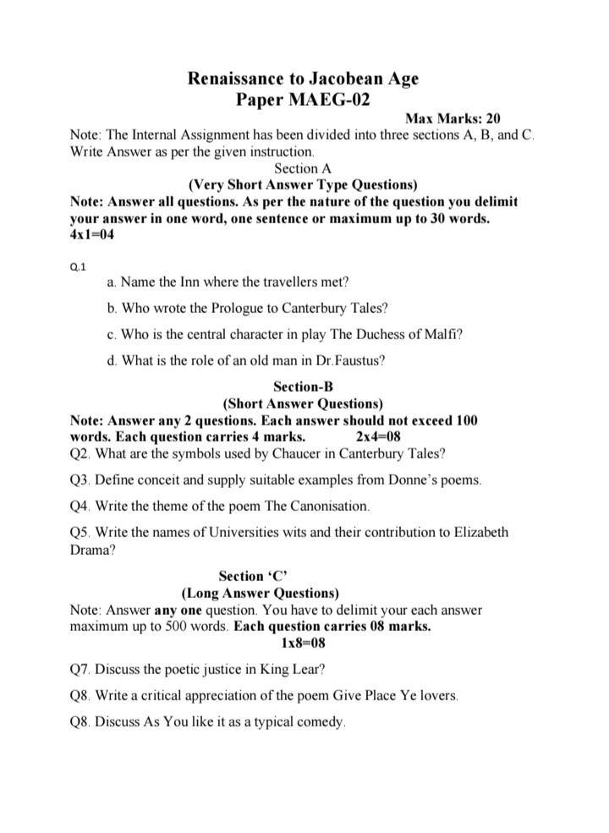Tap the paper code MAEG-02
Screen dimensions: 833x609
[326, 100]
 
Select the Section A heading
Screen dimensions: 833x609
[303, 168]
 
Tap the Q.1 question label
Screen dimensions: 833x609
[77, 267]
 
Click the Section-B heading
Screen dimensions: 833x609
[303, 387]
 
